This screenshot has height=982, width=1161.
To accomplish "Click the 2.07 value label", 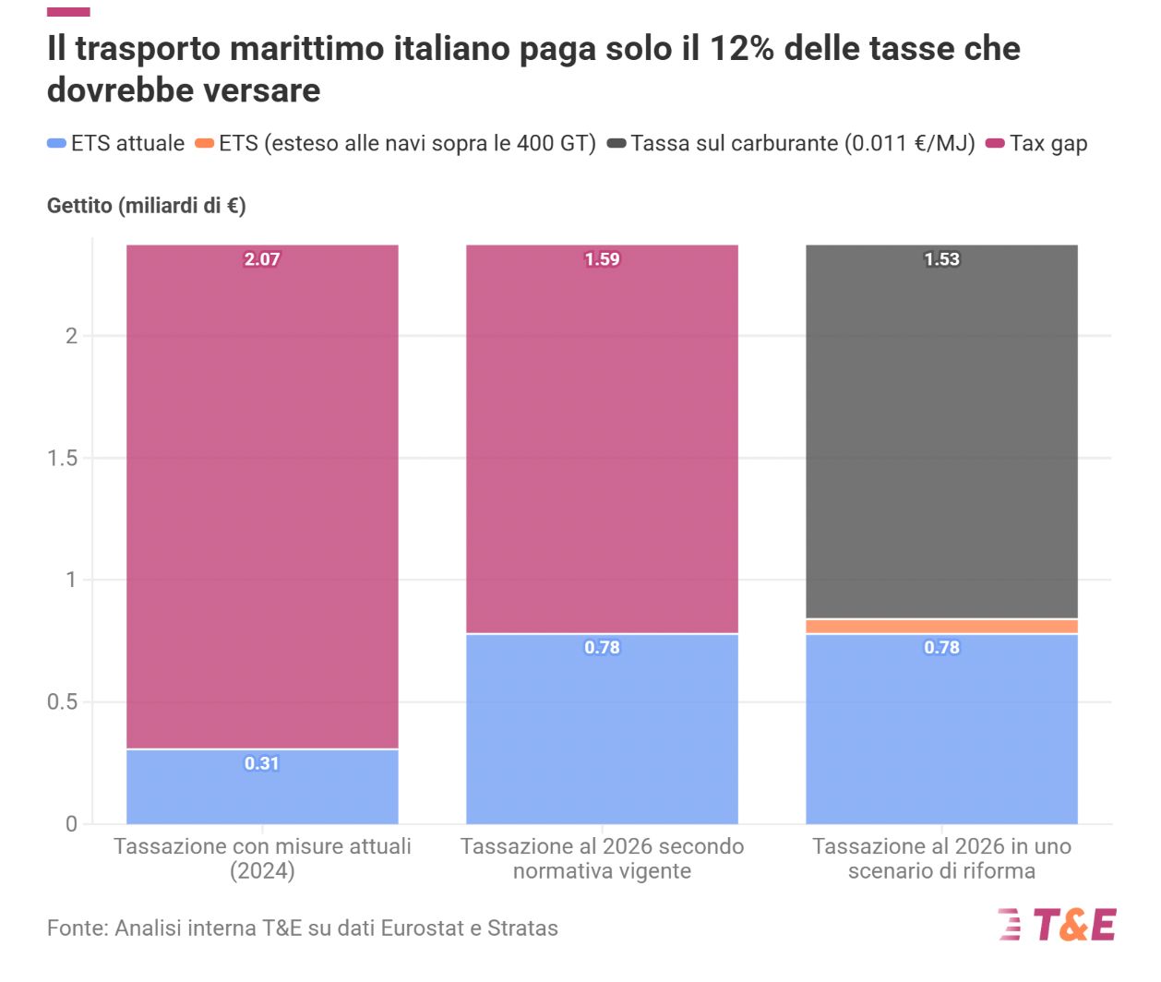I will pyautogui.click(x=261, y=259).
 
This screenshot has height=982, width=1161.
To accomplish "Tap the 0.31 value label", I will pyautogui.click(x=261, y=763).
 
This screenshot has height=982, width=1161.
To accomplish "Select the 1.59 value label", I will pyautogui.click(x=602, y=259).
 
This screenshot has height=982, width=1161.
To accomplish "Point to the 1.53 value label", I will pyautogui.click(x=941, y=259).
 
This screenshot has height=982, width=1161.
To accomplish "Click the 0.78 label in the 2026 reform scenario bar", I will pyautogui.click(x=941, y=648).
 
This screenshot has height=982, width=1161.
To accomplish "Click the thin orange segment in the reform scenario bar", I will pyautogui.click(x=941, y=627).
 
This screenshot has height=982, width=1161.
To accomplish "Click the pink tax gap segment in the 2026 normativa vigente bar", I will pyautogui.click(x=602, y=443).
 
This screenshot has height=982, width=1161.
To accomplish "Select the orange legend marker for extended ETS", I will pyautogui.click(x=204, y=143).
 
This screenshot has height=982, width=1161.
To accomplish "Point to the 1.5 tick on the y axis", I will pyautogui.click(x=62, y=458).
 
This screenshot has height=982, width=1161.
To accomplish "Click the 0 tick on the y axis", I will pyautogui.click(x=71, y=823).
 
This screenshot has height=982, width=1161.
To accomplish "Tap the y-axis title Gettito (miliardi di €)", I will pyautogui.click(x=146, y=205).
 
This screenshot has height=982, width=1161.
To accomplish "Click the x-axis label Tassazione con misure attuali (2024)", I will pyautogui.click(x=261, y=858).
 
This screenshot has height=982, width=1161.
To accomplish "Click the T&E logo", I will pyautogui.click(x=1058, y=924).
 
